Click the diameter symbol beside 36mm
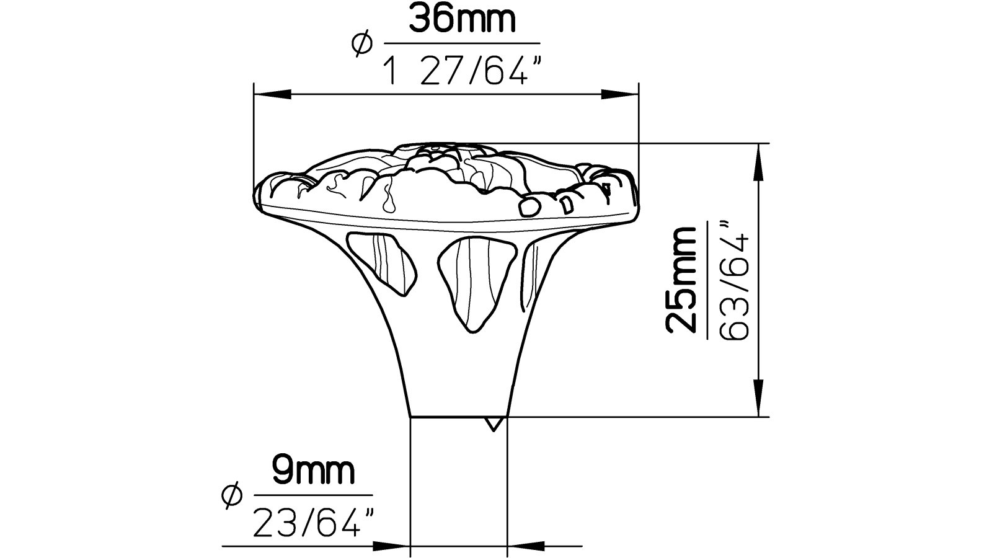point(361,45)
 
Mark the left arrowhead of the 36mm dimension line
point(273,94)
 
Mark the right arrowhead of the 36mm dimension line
point(620,94)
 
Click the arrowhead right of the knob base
point(527,547)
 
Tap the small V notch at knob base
point(493,423)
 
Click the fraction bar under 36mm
point(462,43)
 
